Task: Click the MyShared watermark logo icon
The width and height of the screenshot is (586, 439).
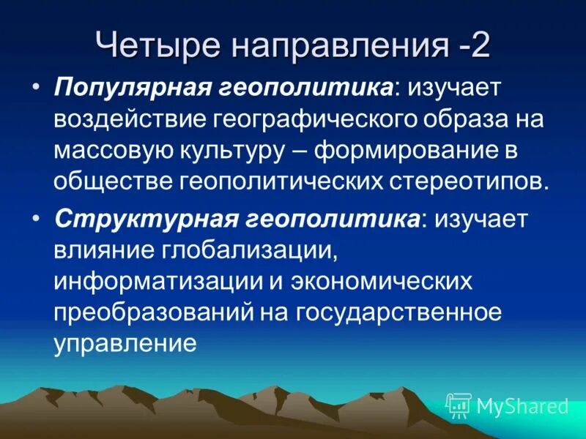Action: click(459, 405)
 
